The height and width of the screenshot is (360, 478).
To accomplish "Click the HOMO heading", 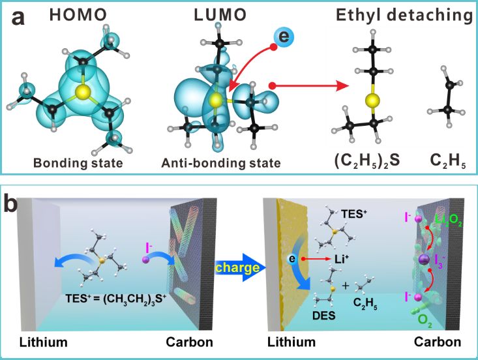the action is pos(78,15).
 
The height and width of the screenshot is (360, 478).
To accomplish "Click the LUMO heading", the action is pos(220,15).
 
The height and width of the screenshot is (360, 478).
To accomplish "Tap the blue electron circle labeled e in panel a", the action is pos(284,37).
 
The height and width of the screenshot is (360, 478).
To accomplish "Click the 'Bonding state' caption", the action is pos(78,163).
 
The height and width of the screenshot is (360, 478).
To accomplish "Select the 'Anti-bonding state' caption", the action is pos(221,164).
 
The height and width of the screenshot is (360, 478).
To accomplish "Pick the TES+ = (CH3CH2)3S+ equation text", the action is pos(116,298).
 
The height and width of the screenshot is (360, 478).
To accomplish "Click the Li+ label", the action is pos(342,259).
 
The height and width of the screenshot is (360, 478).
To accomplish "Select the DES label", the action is pos(323,316).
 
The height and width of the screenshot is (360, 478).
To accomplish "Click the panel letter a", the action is pos(18,18).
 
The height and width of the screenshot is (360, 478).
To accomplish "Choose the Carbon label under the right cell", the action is pos(437,342).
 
